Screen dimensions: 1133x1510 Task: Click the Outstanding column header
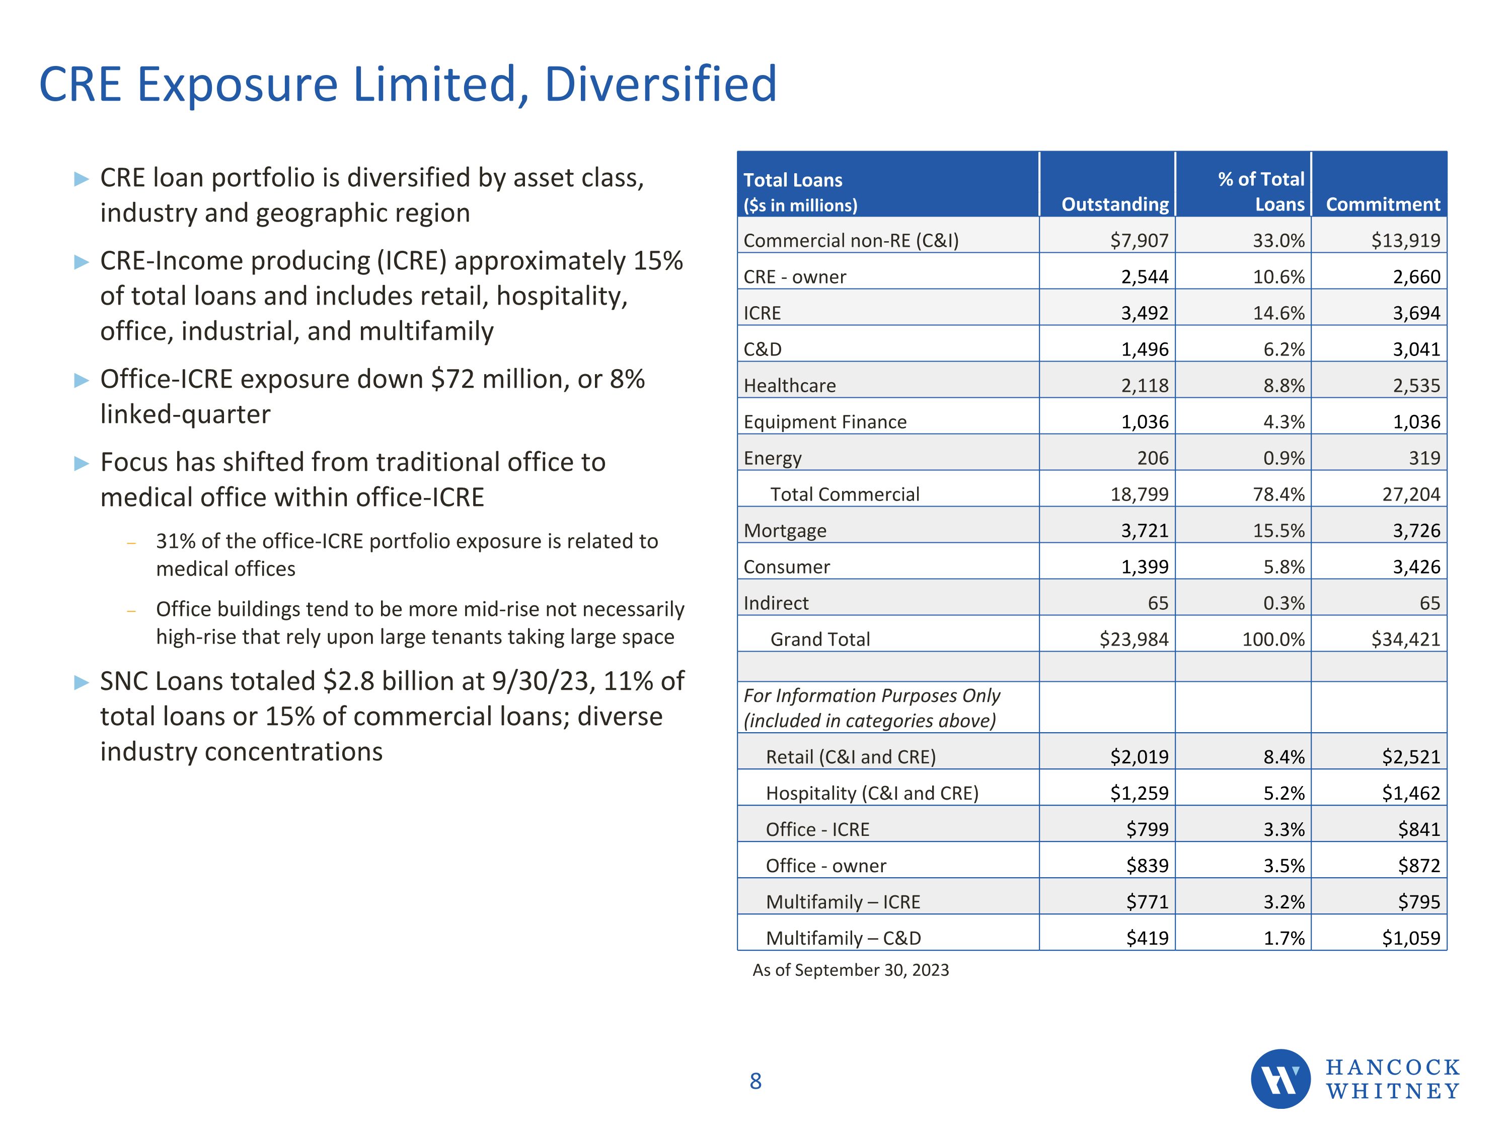click(x=1115, y=204)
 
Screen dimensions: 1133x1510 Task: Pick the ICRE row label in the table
click(x=762, y=313)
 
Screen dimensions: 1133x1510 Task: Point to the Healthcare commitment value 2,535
click(x=1416, y=385)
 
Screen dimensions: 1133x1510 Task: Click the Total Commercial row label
click(x=845, y=494)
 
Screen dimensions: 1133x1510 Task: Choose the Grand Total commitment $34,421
click(x=1405, y=639)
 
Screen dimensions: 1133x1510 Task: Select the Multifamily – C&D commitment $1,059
click(x=1410, y=938)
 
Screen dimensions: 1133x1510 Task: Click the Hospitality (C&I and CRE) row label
click(x=872, y=793)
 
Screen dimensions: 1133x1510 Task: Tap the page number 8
click(x=755, y=1081)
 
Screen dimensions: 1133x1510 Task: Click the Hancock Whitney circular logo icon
click(x=1280, y=1079)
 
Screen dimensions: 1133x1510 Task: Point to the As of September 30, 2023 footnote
click(x=850, y=970)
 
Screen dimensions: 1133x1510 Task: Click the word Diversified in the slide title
click(x=660, y=84)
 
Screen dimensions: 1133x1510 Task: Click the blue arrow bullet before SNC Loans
click(x=81, y=682)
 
